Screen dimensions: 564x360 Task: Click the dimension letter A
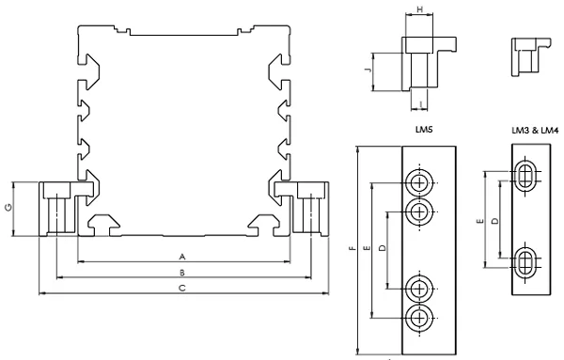[182, 257]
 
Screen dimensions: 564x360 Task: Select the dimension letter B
[182, 273]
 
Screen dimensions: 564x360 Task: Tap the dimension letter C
[182, 288]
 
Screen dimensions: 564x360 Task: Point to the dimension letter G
[9, 208]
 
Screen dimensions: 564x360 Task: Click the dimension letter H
[419, 9]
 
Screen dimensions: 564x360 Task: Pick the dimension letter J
[368, 70]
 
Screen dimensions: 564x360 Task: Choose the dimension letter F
[352, 248]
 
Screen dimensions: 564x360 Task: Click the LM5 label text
[424, 130]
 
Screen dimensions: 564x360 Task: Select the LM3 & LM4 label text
[535, 131]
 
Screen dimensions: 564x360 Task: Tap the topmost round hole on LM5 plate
[419, 183]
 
